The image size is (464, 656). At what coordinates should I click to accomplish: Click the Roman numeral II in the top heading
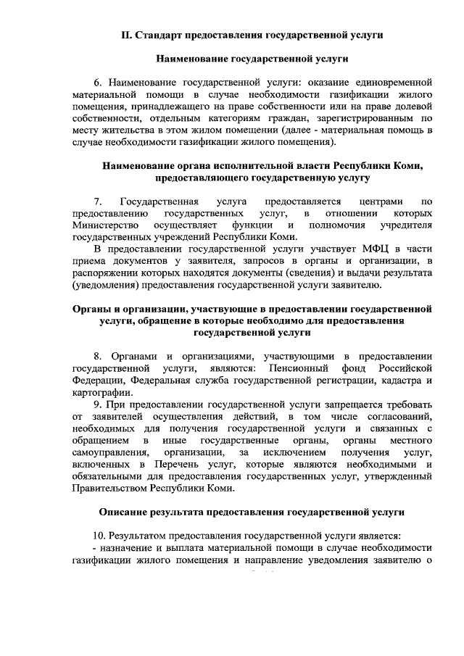point(127,35)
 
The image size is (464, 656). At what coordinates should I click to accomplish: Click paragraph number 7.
point(97,201)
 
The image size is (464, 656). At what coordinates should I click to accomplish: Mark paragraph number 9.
point(97,404)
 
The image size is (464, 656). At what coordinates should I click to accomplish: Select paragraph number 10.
point(100,536)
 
